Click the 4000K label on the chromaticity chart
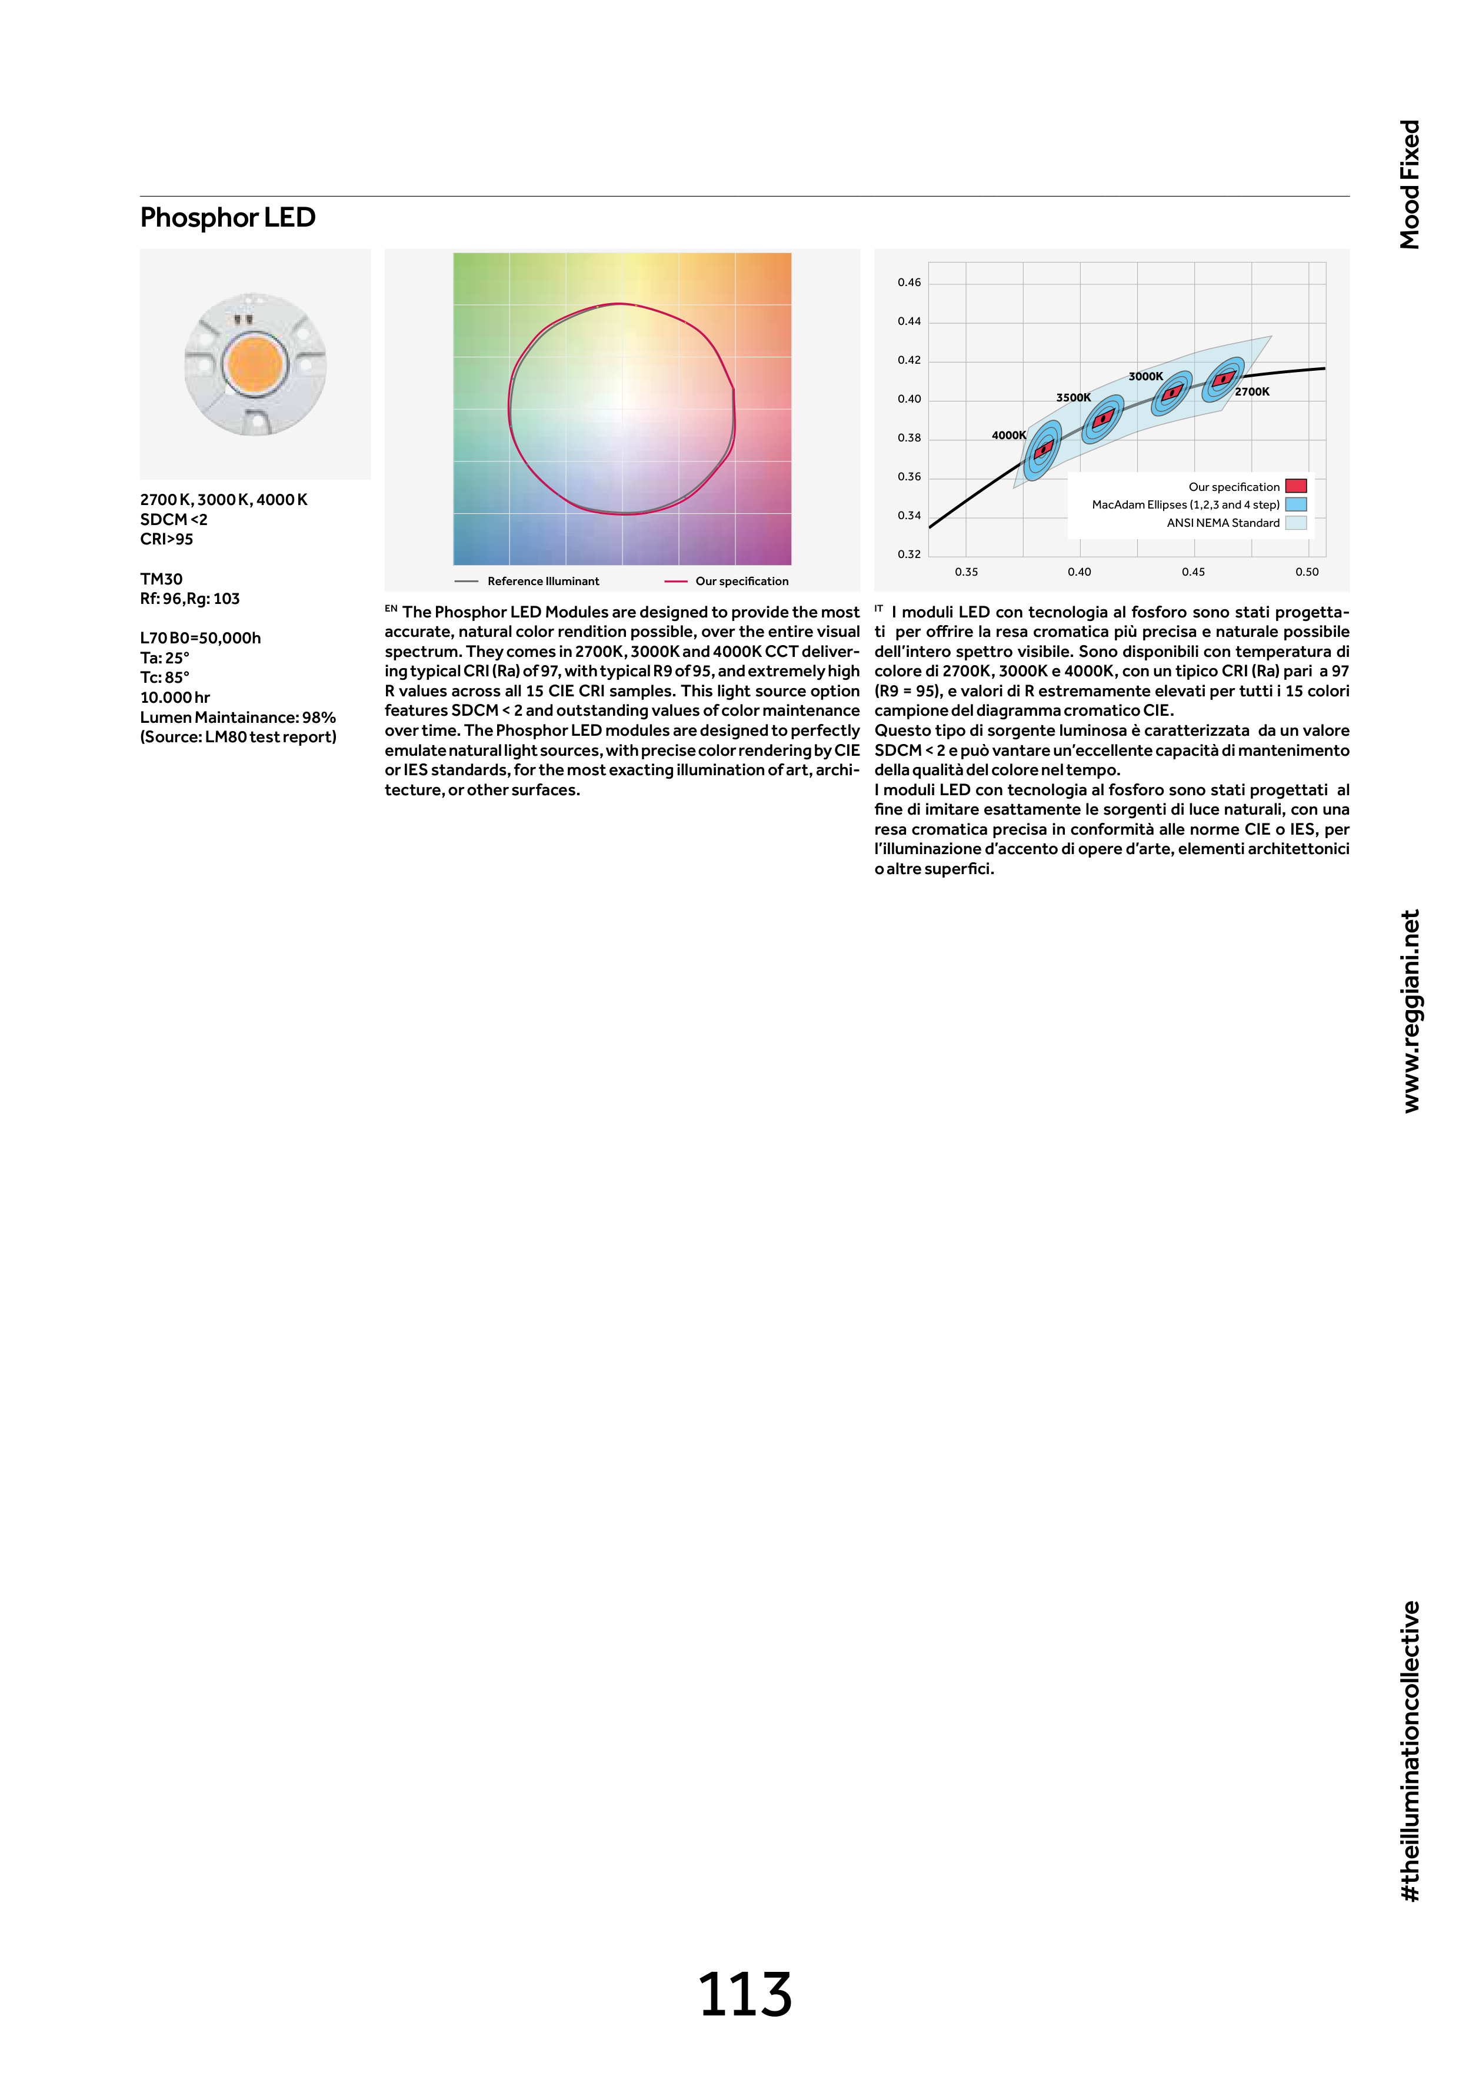click(1008, 436)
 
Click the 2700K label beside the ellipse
click(1252, 392)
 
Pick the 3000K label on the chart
click(1145, 377)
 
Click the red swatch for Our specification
click(1295, 486)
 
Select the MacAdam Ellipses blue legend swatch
click(1295, 504)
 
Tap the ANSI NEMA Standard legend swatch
click(1295, 523)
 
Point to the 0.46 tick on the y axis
click(909, 283)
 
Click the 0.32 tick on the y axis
click(909, 554)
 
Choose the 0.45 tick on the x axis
click(1193, 572)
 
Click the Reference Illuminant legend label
click(543, 582)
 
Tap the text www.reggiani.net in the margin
click(1410, 1011)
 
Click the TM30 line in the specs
click(161, 579)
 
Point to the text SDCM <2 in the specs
click(174, 520)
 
